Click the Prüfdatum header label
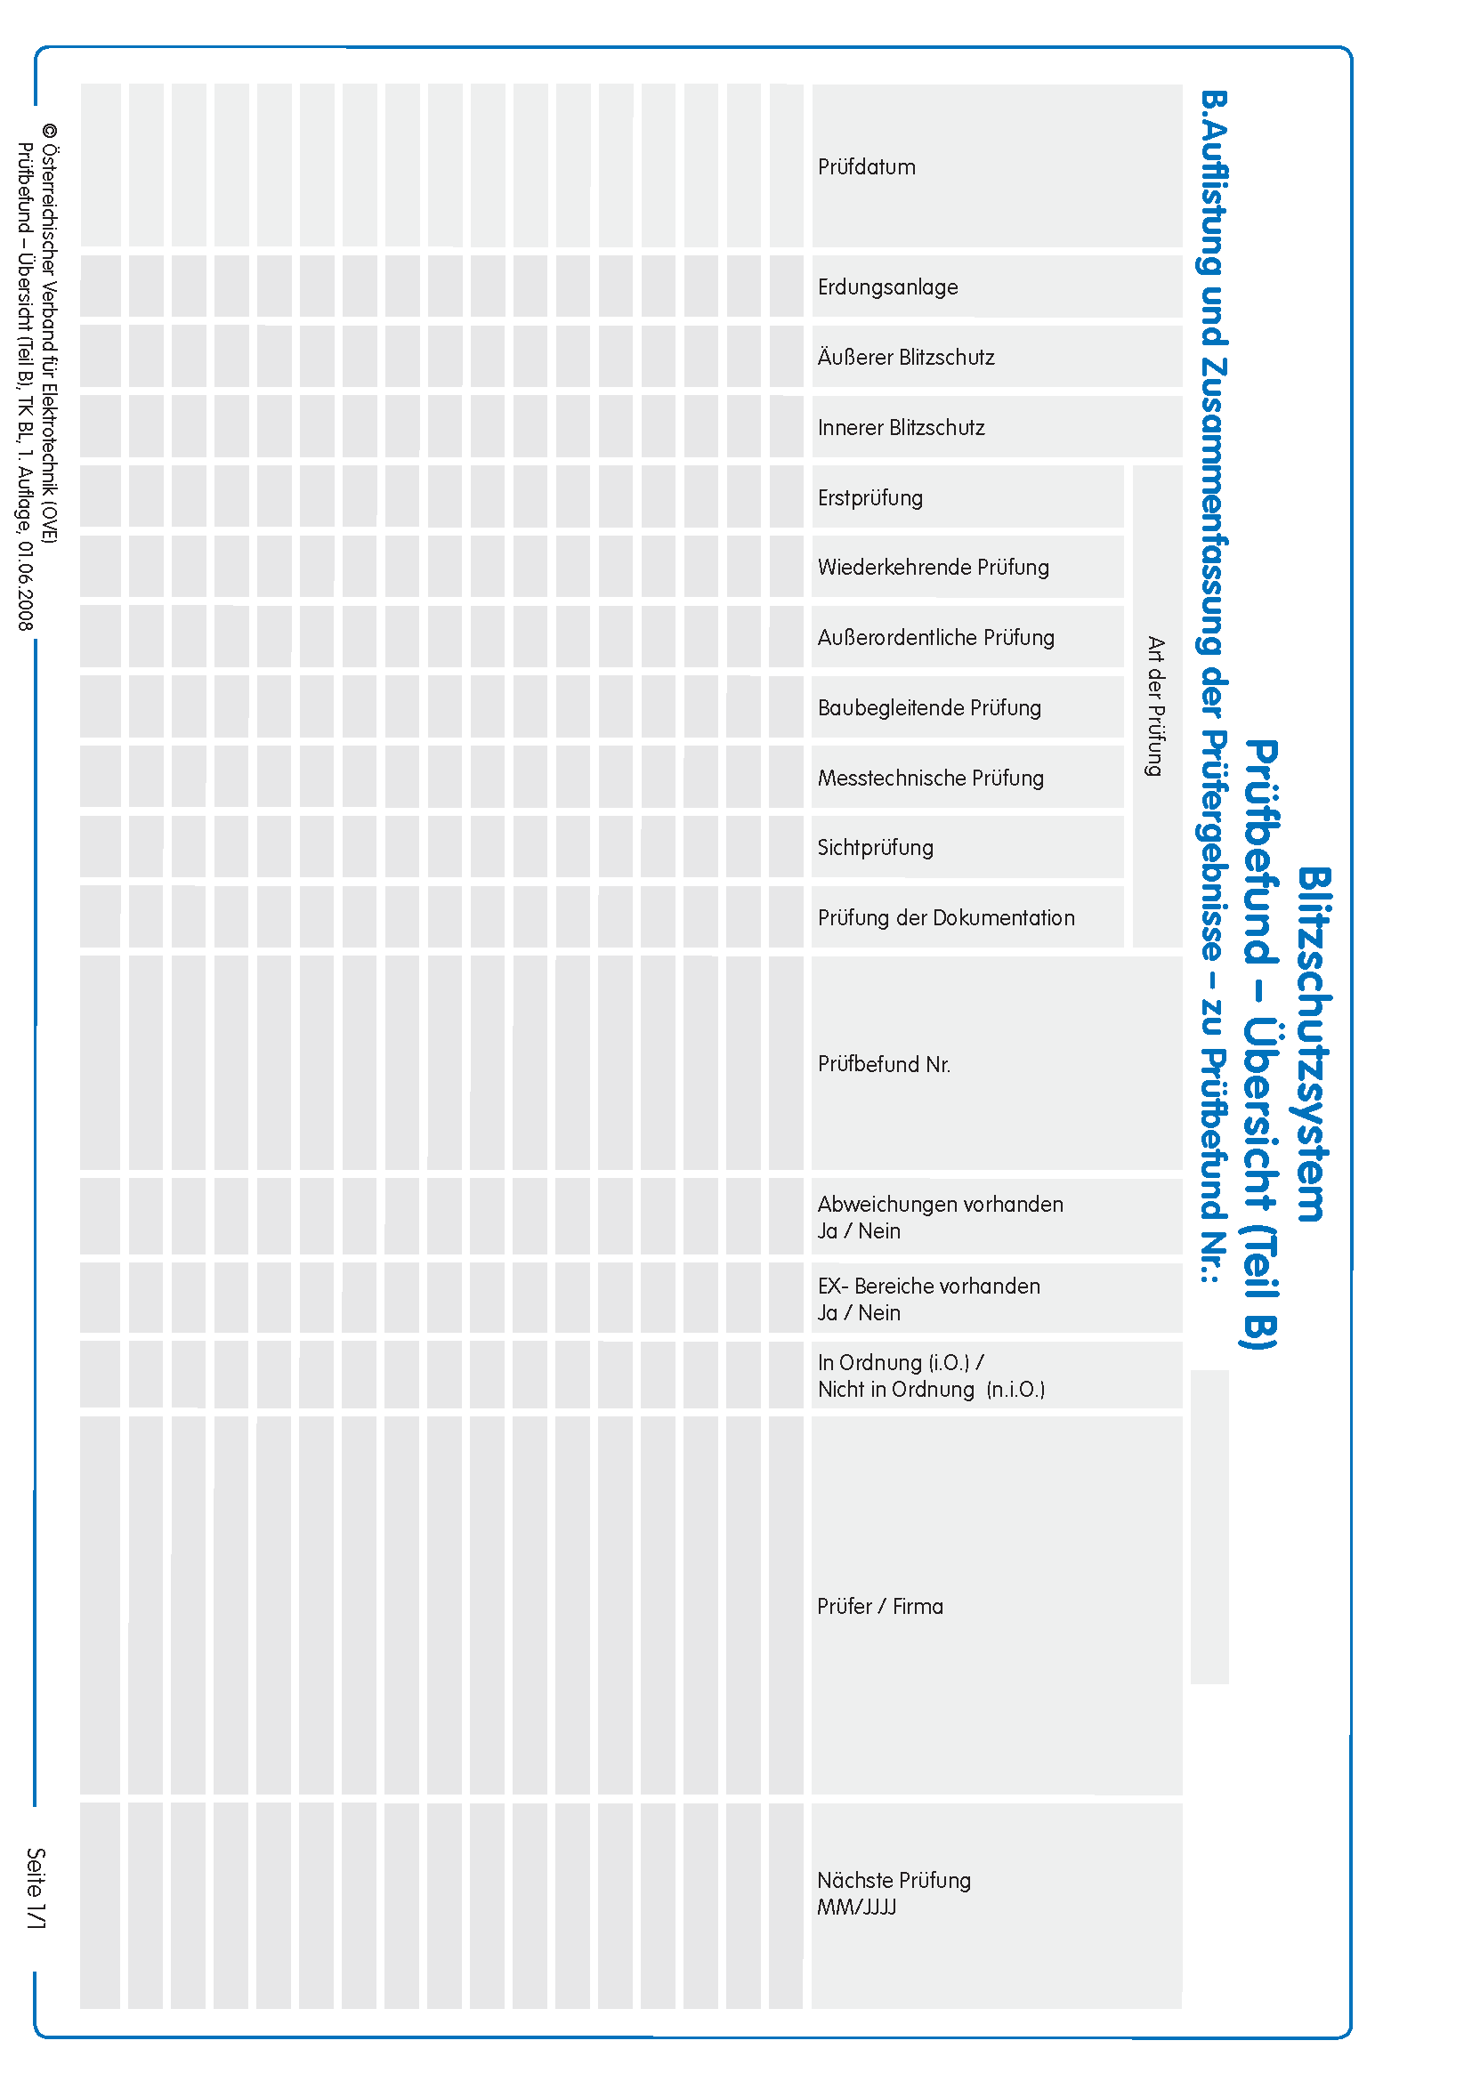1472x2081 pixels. (866, 166)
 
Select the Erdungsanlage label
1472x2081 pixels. (886, 287)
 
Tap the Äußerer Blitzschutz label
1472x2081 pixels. (905, 357)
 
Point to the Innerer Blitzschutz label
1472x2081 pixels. (900, 428)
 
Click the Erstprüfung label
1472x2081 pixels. (869, 497)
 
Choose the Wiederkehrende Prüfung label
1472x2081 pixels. (933, 568)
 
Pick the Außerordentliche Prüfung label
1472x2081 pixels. (935, 637)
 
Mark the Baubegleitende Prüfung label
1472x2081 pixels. (929, 708)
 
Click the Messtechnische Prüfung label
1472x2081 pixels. (930, 778)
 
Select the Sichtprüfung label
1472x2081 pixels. (875, 848)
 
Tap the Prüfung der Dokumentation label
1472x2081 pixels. (945, 918)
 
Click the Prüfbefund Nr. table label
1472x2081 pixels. (884, 1064)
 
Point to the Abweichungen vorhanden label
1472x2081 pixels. (940, 1205)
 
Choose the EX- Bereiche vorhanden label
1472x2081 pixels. (928, 1287)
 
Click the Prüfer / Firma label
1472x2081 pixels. (879, 1606)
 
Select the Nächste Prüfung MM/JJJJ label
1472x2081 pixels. (893, 1893)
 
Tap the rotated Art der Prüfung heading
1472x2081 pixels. (1154, 706)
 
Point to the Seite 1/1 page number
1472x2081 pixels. (36, 1889)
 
